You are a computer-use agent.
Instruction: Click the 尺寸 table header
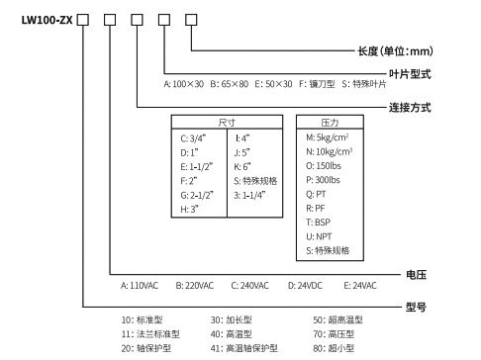click(227, 122)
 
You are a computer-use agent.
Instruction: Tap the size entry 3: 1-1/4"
click(255, 195)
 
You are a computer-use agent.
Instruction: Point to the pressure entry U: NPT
click(321, 237)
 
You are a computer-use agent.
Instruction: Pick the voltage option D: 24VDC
click(306, 285)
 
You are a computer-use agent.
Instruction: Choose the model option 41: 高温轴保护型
click(243, 348)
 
